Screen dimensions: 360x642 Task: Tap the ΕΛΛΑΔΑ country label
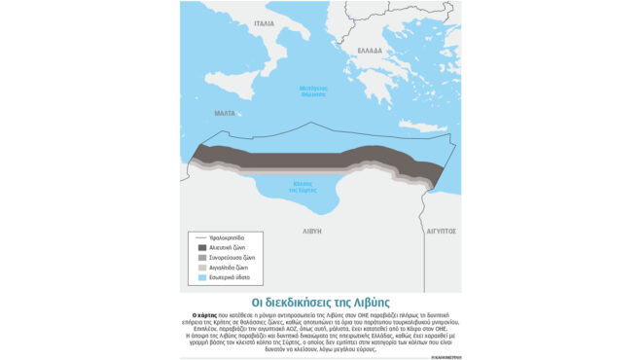pyautogui.click(x=370, y=50)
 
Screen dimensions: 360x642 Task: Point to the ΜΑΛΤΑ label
pyautogui.click(x=225, y=114)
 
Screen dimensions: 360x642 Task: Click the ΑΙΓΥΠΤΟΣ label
pyautogui.click(x=441, y=232)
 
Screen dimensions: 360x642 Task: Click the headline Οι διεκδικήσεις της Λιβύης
pyautogui.click(x=320, y=302)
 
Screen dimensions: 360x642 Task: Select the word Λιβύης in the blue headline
pyautogui.click(x=369, y=302)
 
